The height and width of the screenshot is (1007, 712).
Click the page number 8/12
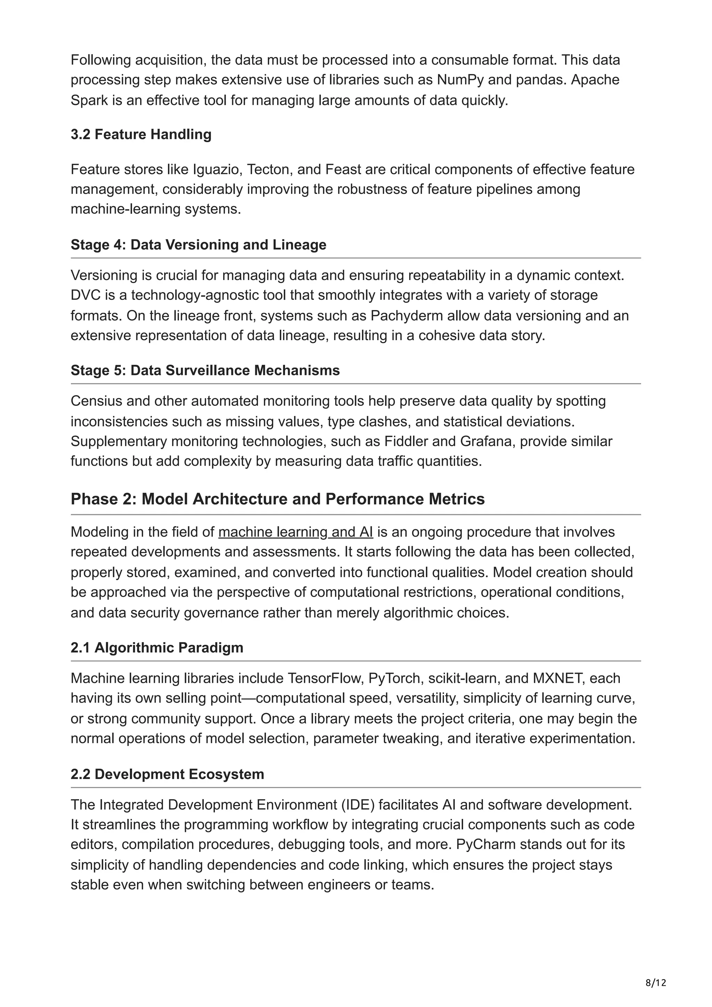pos(656,971)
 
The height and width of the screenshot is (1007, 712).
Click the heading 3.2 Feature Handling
pos(141,134)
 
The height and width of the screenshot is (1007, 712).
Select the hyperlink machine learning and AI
pos(295,532)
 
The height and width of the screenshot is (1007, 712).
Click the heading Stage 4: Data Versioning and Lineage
pos(198,244)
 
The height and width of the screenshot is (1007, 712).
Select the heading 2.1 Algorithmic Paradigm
pos(156,647)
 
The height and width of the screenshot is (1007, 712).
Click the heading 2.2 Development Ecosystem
pos(167,774)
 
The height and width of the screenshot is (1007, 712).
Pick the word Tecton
pos(270,169)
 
